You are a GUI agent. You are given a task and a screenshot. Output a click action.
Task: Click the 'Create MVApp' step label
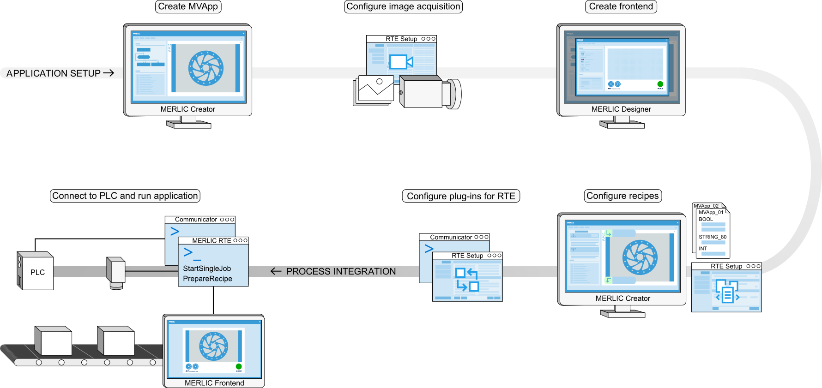point(188,6)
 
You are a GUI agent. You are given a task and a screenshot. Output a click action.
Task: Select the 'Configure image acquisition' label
point(403,6)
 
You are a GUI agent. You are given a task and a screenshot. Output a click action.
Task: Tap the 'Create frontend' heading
point(621,6)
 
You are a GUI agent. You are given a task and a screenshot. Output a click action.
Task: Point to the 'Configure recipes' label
point(623,196)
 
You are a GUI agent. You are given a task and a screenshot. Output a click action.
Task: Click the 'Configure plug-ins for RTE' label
point(461,196)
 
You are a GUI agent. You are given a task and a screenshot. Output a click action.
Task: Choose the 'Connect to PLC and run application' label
point(125,196)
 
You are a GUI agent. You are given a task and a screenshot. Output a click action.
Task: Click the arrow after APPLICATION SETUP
point(109,73)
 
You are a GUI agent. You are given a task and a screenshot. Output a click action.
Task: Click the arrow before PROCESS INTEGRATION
point(276,271)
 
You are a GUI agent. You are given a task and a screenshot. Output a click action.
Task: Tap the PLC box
point(37,272)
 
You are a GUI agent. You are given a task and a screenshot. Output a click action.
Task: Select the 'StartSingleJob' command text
point(207,269)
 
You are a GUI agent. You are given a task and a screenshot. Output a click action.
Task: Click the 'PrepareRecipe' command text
point(207,279)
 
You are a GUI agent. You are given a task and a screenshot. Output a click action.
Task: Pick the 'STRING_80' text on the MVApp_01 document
point(713,237)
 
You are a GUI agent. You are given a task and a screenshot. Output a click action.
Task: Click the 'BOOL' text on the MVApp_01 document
point(706,219)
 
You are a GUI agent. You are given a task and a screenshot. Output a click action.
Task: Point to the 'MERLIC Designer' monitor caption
point(621,109)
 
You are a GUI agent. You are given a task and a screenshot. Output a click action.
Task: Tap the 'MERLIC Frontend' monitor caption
point(214,383)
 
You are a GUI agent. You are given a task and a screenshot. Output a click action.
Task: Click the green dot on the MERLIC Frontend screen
point(239,366)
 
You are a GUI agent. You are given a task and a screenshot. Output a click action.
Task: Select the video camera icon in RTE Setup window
point(400,62)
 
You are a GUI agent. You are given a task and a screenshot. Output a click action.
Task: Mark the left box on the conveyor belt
point(54,341)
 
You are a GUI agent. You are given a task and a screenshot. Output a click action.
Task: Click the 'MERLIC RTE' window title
point(212,241)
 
